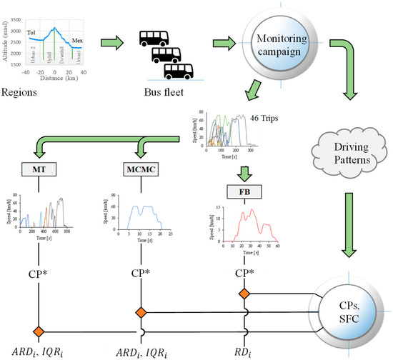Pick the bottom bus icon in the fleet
coord(178,70)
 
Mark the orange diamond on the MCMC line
coord(139,311)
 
